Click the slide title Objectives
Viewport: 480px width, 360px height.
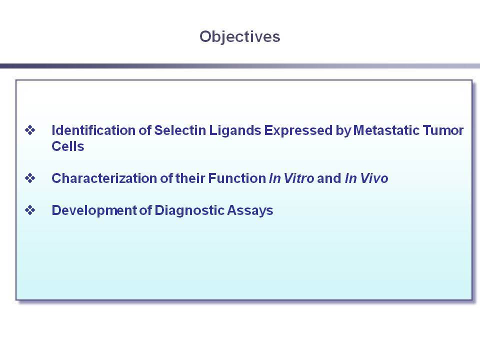(239, 37)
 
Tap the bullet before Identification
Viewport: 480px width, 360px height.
(30, 130)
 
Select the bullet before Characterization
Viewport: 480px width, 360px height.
(30, 178)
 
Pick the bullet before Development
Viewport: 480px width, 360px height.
(30, 210)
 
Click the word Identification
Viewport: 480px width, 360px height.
(93, 130)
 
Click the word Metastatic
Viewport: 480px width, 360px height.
(386, 130)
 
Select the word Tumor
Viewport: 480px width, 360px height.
(443, 130)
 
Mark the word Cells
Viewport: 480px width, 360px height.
(68, 146)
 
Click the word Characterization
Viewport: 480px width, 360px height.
(104, 178)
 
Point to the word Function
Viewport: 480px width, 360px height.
(237, 178)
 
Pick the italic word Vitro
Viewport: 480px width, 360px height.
(299, 178)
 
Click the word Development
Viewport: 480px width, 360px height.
(94, 211)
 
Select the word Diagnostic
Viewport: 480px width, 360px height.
(189, 211)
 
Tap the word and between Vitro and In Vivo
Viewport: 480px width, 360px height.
(329, 178)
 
